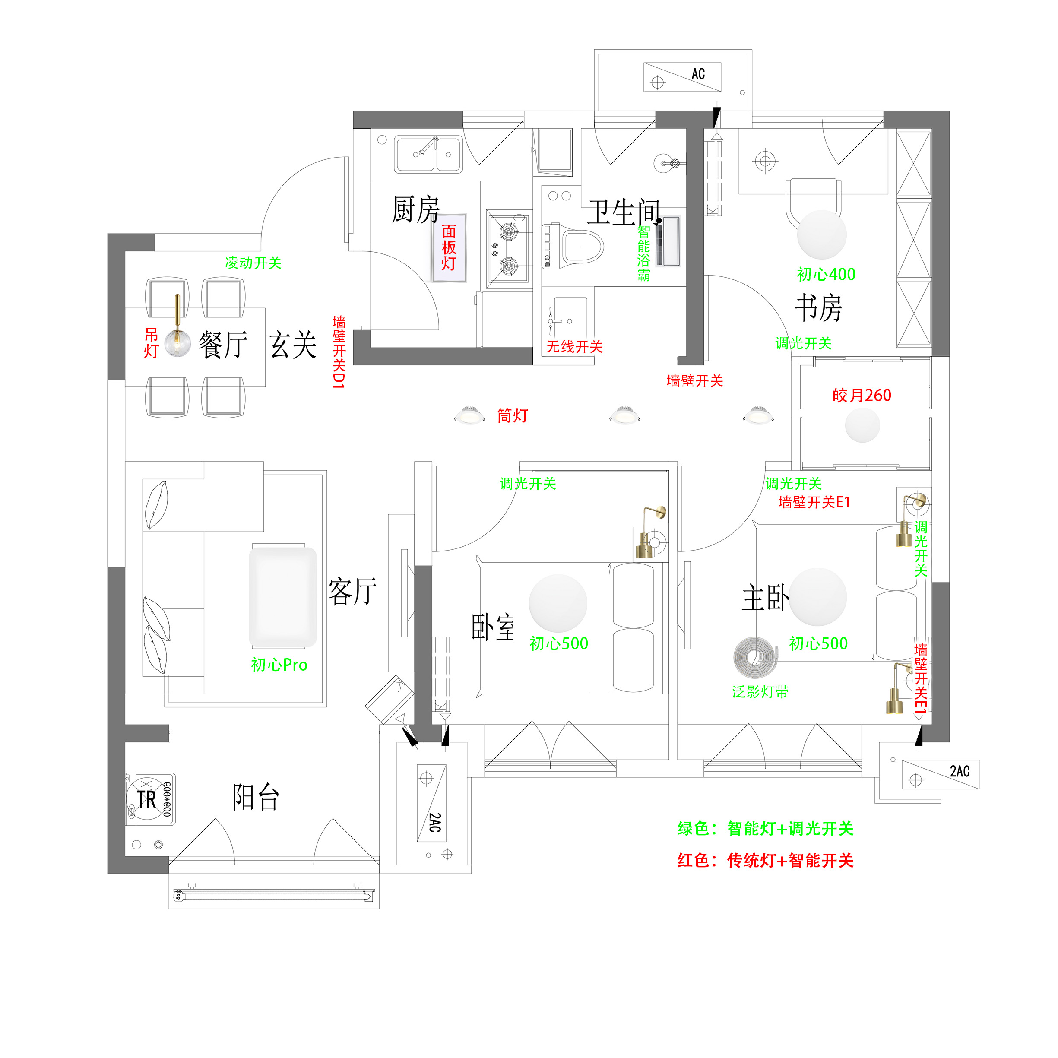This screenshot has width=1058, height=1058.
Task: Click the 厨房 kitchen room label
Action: tap(415, 210)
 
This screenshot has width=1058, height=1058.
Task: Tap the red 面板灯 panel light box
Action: tap(449, 247)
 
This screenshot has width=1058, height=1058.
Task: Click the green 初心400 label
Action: tap(826, 274)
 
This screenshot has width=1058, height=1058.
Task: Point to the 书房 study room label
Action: tap(819, 308)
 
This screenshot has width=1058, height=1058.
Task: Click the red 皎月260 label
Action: tap(862, 396)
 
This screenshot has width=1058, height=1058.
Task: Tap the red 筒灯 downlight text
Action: tap(512, 415)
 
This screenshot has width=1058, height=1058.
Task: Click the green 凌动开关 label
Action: tap(253, 263)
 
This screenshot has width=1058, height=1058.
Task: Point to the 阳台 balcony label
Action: tap(256, 797)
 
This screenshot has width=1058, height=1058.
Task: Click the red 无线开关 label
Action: tap(574, 347)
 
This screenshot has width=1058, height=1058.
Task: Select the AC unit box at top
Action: tap(682, 77)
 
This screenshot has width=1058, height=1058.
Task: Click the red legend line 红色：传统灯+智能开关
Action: tap(765, 860)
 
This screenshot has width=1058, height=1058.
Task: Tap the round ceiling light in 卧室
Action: tap(558, 603)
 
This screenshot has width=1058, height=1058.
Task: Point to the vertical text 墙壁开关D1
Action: tap(339, 352)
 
